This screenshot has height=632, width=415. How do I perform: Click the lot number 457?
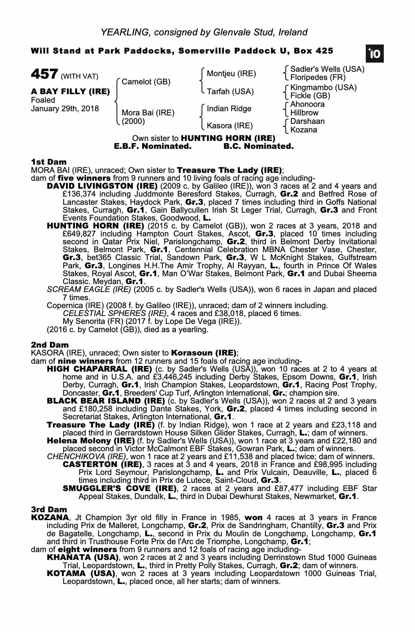pyautogui.click(x=44, y=74)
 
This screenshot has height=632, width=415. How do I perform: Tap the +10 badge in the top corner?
pyautogui.click(x=375, y=54)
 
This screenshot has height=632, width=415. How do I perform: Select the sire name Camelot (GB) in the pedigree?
pyautogui.click(x=146, y=82)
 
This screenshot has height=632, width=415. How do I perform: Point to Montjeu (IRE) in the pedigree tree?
pyautogui.click(x=231, y=74)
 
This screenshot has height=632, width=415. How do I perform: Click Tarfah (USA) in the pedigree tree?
pyautogui.click(x=230, y=92)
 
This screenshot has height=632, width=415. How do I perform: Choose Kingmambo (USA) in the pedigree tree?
pyautogui.click(x=323, y=88)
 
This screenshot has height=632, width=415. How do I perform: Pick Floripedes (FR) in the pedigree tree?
pyautogui.click(x=318, y=77)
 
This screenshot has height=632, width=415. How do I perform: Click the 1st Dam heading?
pyautogui.click(x=49, y=162)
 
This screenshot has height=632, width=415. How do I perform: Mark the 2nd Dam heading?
pyautogui.click(x=50, y=345)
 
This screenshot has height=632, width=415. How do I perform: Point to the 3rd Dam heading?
pyautogui.click(x=49, y=509)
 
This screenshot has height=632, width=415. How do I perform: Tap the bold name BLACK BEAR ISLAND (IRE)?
pyautogui.click(x=106, y=401)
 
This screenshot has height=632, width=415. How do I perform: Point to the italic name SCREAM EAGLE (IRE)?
pyautogui.click(x=89, y=289)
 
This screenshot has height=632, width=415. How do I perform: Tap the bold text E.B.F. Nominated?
pyautogui.click(x=153, y=146)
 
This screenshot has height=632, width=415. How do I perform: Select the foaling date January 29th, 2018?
pyautogui.click(x=65, y=109)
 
